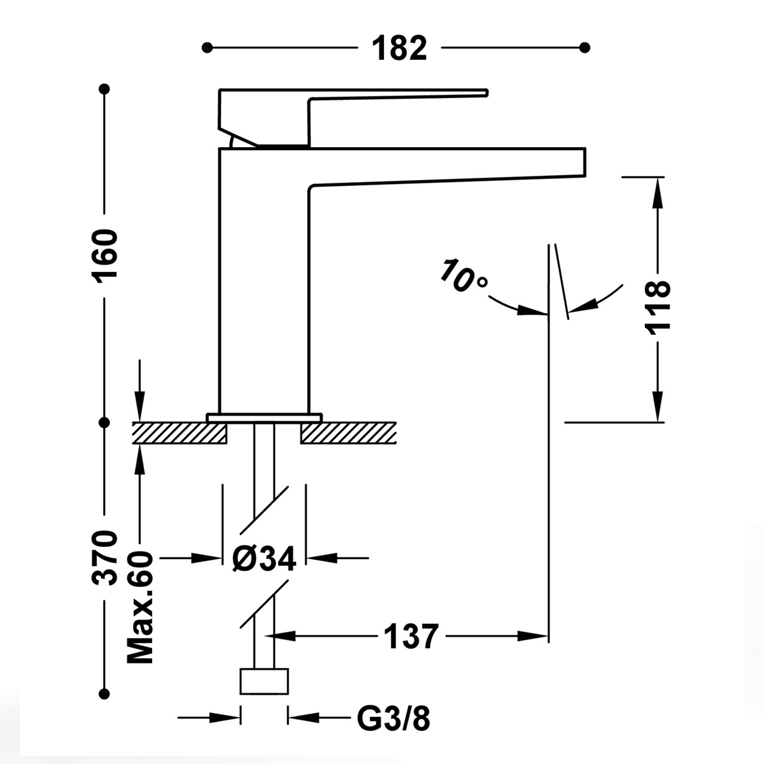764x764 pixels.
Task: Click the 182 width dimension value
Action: (399, 48)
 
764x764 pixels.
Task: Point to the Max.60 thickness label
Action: (141, 607)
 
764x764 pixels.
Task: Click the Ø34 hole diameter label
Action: (264, 559)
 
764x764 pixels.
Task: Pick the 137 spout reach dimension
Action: (411, 635)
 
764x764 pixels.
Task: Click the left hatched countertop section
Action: (180, 433)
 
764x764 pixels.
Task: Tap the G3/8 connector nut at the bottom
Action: (264, 681)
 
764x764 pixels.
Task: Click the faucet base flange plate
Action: (264, 417)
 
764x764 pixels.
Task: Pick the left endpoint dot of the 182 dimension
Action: (206, 48)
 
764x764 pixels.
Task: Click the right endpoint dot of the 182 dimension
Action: (586, 48)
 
